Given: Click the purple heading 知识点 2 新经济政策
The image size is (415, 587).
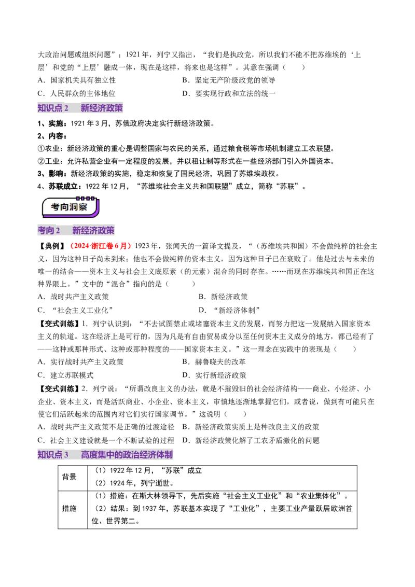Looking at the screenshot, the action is pyautogui.click(x=80, y=108).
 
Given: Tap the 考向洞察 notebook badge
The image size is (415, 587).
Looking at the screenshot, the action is pyautogui.click(x=71, y=207).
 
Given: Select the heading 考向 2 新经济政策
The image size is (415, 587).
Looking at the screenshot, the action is pyautogui.click(x=76, y=230).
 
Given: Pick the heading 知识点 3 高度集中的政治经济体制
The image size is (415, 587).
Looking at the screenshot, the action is pyautogui.click(x=105, y=454).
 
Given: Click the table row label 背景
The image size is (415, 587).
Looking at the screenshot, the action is pyautogui.click(x=70, y=477).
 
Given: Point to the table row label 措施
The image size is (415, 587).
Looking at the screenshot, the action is pyautogui.click(x=70, y=508).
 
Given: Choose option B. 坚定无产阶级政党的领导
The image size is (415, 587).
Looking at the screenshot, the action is pyautogui.click(x=229, y=80).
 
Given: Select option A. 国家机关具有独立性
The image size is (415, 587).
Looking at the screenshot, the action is pyautogui.click(x=77, y=80).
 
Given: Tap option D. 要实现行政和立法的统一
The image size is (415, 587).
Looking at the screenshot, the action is pyautogui.click(x=229, y=93).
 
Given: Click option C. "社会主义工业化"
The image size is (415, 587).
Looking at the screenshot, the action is pyautogui.click(x=75, y=310).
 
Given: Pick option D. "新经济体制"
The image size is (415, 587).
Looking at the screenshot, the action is pyautogui.click(x=229, y=310).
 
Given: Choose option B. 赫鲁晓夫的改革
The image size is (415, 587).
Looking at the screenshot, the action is pyautogui.click(x=214, y=362).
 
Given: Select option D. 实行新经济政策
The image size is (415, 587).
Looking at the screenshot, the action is pyautogui.click(x=214, y=375).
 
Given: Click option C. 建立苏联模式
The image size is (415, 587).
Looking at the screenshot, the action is pyautogui.click(x=65, y=375).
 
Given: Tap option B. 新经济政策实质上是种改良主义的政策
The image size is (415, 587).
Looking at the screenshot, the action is pyautogui.click(x=251, y=427).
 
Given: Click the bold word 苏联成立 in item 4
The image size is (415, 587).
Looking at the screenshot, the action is pyautogui.click(x=63, y=187).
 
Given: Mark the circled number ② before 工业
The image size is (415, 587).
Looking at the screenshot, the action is pyautogui.click(x=41, y=161).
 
